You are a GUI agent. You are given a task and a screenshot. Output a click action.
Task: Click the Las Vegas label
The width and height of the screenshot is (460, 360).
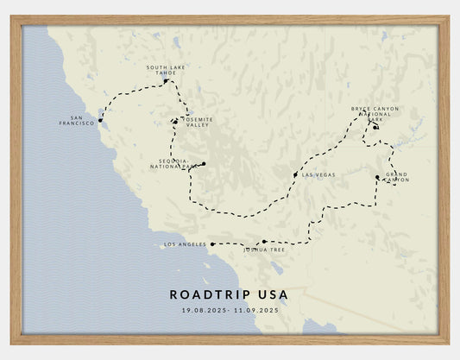tap(318, 175)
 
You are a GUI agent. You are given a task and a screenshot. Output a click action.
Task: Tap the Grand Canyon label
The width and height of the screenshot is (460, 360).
tap(396, 178)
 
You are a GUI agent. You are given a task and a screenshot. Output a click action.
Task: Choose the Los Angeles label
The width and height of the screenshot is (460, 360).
tap(185, 244)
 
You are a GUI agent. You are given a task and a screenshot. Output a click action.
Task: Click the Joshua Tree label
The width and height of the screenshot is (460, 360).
tap(263, 249)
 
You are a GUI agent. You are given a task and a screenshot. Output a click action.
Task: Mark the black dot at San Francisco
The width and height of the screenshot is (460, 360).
tap(100, 121)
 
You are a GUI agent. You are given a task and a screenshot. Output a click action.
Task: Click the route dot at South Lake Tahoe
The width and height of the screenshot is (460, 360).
tap(166, 81)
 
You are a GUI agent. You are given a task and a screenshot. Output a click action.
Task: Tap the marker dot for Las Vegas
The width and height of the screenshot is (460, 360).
tap(295, 175)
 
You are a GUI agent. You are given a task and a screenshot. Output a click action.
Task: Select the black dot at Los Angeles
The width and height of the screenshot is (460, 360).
tap(212, 244)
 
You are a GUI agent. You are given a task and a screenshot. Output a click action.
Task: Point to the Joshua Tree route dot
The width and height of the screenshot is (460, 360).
tap(263, 243)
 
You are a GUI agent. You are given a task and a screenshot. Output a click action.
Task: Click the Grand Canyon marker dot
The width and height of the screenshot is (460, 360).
tap(377, 178)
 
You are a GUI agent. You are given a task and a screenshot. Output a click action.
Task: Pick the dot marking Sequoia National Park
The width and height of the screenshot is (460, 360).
tap(204, 163)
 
